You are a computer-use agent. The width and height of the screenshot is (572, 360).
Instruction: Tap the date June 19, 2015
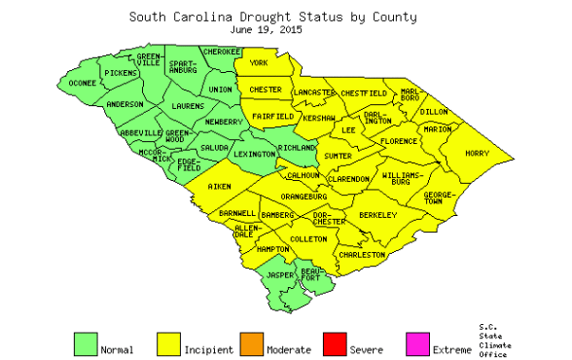[x=273, y=30]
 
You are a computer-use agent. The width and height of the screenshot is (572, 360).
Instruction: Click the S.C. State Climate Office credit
[x=493, y=341]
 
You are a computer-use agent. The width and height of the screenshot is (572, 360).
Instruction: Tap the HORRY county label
[x=477, y=153]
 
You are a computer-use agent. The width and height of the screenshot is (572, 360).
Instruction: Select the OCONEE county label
[x=83, y=83]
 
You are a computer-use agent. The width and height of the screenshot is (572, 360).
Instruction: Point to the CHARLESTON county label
[x=363, y=254]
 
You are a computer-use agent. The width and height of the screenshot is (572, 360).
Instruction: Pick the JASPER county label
[x=280, y=275]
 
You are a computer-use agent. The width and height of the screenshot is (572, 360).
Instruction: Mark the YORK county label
[x=259, y=63]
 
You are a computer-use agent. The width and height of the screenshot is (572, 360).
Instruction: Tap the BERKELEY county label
[x=378, y=213]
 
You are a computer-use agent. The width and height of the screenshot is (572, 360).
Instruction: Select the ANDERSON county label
[x=125, y=103]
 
